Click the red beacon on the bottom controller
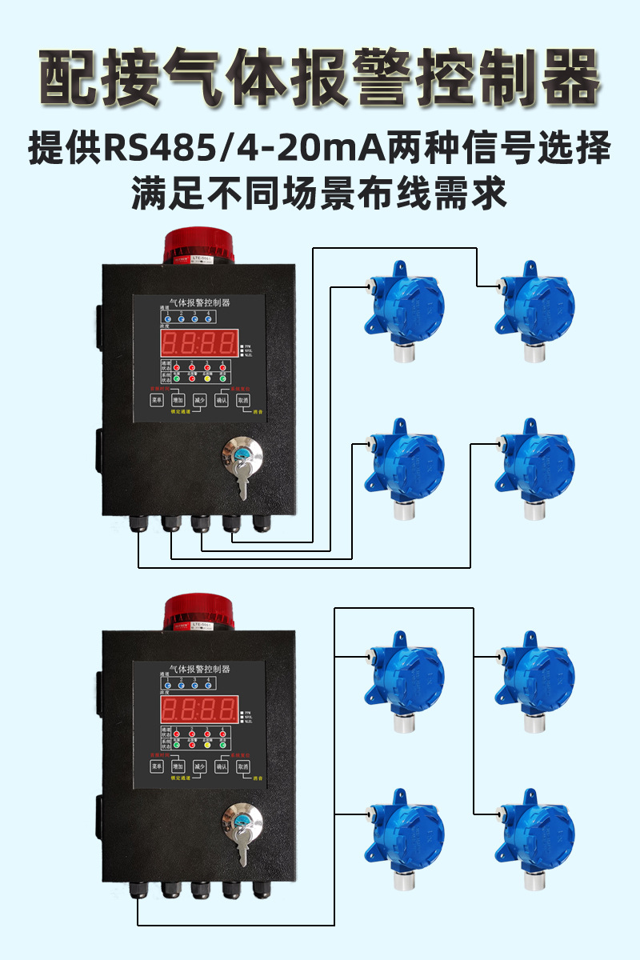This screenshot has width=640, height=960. tap(198, 613)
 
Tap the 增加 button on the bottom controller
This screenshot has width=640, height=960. tap(178, 767)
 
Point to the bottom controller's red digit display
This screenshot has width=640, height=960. tap(198, 710)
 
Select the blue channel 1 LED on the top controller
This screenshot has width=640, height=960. tap(167, 318)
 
